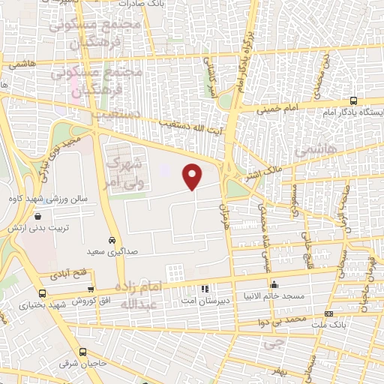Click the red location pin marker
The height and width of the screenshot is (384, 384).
click(193, 176)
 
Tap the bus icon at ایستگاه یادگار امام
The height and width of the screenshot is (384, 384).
click(353, 101)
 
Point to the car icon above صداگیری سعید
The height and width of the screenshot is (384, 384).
click(112, 241)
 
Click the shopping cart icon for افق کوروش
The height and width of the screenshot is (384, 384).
click(91, 289)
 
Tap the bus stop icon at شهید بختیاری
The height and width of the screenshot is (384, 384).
click(41, 294)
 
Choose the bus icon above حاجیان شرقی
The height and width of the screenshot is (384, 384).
click(82, 352)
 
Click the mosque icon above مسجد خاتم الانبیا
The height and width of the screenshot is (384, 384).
click(274, 284)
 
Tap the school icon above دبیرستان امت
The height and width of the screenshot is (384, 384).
click(205, 289)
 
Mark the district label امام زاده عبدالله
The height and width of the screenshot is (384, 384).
click(139, 295)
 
